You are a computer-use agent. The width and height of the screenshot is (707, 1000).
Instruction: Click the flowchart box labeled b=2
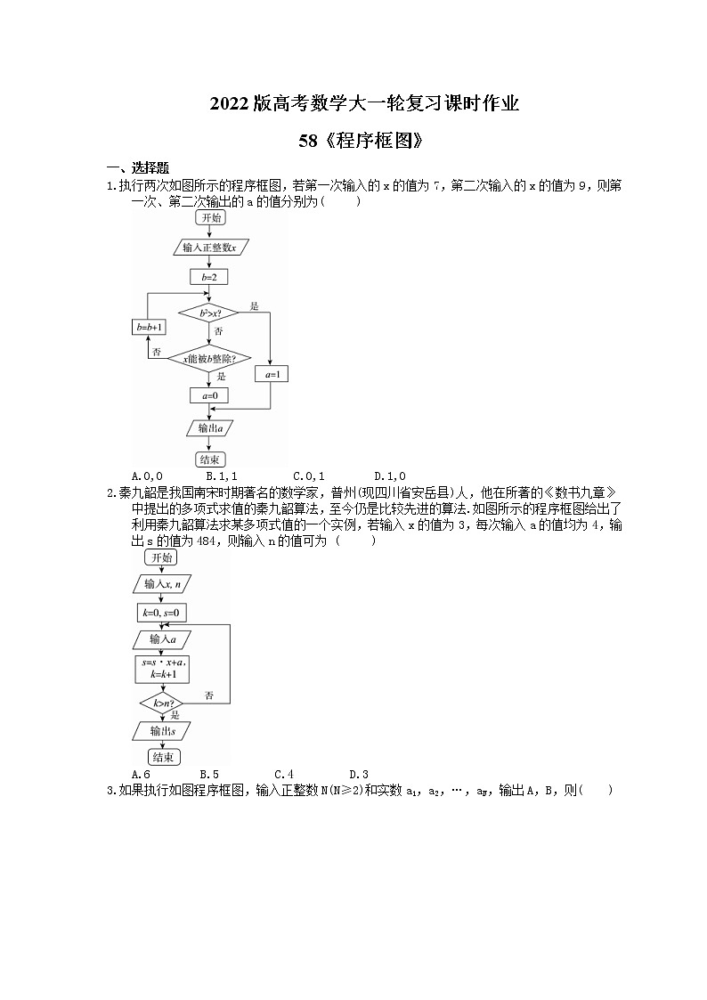pyautogui.click(x=209, y=277)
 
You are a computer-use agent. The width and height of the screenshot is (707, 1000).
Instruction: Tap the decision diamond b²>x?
pyautogui.click(x=209, y=313)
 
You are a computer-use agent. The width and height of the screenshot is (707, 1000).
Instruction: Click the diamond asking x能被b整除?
pyautogui.click(x=209, y=358)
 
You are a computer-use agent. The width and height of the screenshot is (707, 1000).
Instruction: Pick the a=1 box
pyautogui.click(x=272, y=375)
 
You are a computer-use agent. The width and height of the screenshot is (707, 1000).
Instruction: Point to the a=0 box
pyautogui.click(x=209, y=394)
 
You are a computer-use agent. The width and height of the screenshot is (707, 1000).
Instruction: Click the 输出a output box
pyautogui.click(x=209, y=429)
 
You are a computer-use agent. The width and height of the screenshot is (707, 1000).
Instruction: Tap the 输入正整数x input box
pyautogui.click(x=209, y=247)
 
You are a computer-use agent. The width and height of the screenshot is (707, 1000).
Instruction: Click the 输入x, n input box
pyautogui.click(x=161, y=584)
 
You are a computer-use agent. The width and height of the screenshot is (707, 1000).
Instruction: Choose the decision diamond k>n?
pyautogui.click(x=161, y=703)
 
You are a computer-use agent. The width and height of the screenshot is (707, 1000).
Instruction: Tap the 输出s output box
pyautogui.click(x=161, y=730)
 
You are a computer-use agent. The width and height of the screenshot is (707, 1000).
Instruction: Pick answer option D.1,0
pyautogui.click(x=389, y=476)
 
